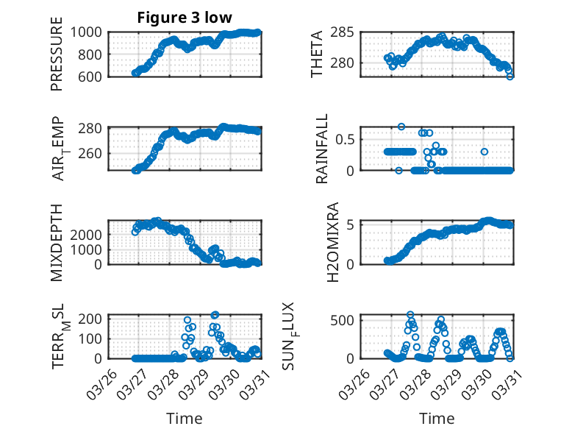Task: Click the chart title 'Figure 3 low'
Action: tap(185, 18)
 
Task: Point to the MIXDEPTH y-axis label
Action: tap(57, 243)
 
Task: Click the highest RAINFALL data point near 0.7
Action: tap(401, 127)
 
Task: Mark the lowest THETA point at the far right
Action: tap(510, 76)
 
